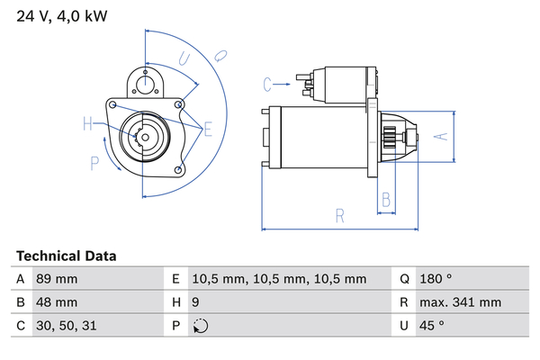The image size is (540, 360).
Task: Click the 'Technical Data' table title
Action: [x=66, y=256]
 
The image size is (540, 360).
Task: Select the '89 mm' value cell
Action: [x=57, y=279]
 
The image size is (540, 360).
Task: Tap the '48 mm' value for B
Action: [x=57, y=302]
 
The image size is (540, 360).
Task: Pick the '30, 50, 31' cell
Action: [x=65, y=326]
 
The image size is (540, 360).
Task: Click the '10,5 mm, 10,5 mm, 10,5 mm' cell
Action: [x=281, y=279]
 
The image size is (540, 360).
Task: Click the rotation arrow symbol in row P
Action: [x=200, y=326]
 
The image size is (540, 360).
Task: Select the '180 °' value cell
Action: [x=437, y=279]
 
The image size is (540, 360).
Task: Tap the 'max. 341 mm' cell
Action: [x=463, y=302]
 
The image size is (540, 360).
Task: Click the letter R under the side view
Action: [x=339, y=216]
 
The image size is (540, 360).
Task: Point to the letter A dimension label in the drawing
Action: [x=441, y=137]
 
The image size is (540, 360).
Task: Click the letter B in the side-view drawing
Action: [x=384, y=199]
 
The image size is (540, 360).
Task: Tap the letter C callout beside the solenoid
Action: [x=267, y=85]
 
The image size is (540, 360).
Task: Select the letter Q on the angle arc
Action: [x=219, y=54]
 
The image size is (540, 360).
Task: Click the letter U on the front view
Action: [x=184, y=60]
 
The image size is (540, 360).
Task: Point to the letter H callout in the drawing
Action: [x=88, y=124]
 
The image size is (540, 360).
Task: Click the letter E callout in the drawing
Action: [x=208, y=130]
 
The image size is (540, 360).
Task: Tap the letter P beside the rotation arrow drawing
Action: [x=94, y=162]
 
